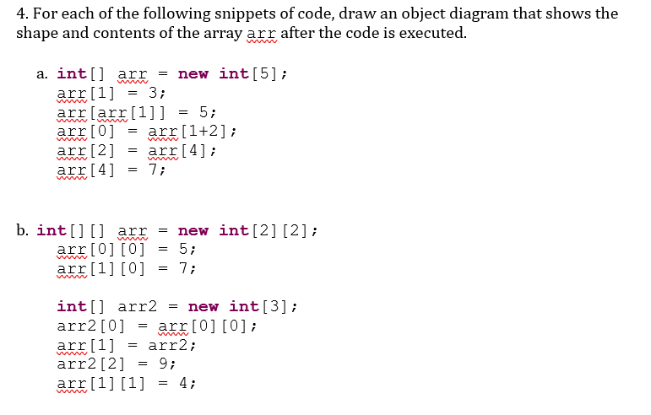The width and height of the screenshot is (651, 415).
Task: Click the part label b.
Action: click(24, 230)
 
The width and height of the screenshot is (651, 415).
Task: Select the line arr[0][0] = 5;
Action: click(127, 250)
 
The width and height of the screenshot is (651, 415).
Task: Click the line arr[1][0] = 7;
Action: click(127, 269)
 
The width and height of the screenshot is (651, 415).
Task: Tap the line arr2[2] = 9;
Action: click(117, 364)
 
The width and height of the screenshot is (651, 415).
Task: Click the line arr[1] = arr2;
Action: click(127, 345)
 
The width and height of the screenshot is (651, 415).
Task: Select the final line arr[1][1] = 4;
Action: click(127, 384)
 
